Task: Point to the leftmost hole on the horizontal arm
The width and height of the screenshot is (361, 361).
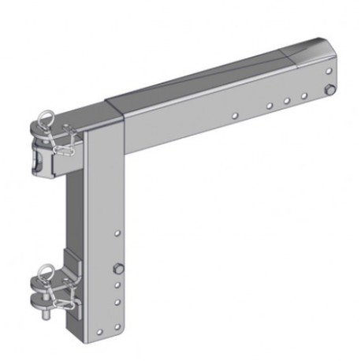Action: (234, 115)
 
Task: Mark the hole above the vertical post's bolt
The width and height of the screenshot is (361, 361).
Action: (118, 233)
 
